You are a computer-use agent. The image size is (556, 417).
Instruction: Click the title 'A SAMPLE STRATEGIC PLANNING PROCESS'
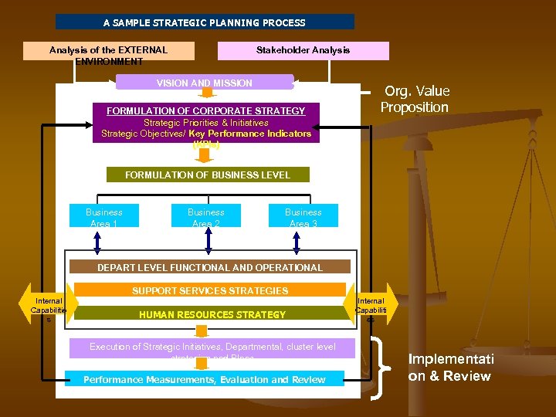(x=205, y=22)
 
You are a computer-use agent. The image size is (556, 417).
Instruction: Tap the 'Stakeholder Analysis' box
(x=303, y=50)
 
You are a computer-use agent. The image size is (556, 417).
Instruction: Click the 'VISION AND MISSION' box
(x=205, y=83)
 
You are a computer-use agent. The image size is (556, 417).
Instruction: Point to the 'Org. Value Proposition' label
(x=415, y=99)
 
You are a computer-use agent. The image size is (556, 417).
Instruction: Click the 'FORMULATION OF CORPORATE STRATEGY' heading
(x=205, y=111)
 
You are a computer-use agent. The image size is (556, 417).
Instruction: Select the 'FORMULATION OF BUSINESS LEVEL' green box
(x=207, y=175)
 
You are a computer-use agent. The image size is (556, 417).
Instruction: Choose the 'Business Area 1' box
(x=104, y=216)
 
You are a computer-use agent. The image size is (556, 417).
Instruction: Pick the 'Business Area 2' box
(x=206, y=216)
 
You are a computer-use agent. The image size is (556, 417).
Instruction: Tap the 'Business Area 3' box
(x=303, y=216)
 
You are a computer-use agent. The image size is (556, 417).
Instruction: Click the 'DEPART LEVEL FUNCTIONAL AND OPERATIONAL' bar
(x=210, y=267)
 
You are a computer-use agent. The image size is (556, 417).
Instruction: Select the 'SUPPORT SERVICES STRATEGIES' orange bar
(x=210, y=290)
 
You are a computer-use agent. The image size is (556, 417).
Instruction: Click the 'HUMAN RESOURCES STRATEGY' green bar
(x=212, y=314)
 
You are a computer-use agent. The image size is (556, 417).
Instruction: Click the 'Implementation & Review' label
(x=449, y=368)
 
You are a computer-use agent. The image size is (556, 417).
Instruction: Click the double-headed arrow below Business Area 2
(x=207, y=239)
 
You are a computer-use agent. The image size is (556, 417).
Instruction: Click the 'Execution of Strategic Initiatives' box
(x=212, y=347)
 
